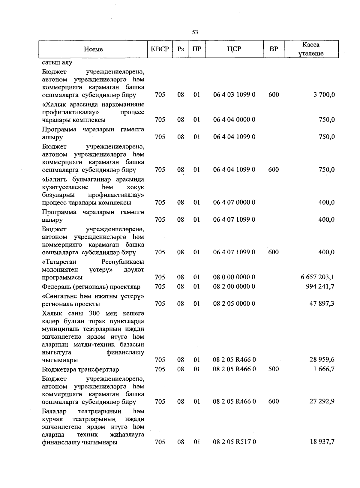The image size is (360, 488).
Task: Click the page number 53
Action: [x=195, y=32]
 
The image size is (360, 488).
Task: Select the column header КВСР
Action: [x=160, y=49]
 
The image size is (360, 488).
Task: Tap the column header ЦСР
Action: [x=234, y=49]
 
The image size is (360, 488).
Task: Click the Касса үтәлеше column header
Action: [x=311, y=49]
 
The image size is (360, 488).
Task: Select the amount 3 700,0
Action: [x=324, y=95]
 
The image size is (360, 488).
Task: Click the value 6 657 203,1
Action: [x=317, y=277]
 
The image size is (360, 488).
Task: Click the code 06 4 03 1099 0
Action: [x=234, y=95]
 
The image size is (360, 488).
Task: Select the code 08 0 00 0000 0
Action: [x=234, y=277]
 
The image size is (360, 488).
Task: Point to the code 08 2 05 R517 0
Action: [x=234, y=442]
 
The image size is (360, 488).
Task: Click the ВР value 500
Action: [x=273, y=369]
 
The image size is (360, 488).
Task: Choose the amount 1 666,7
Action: [x=324, y=369]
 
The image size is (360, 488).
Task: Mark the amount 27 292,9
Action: [x=322, y=402]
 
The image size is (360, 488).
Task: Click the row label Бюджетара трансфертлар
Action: [x=80, y=370]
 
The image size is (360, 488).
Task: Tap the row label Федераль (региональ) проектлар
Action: [x=91, y=287]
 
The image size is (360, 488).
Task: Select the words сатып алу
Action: [x=57, y=63]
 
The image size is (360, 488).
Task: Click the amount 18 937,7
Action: [x=322, y=442]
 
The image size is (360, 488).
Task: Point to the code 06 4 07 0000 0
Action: [x=234, y=202]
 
